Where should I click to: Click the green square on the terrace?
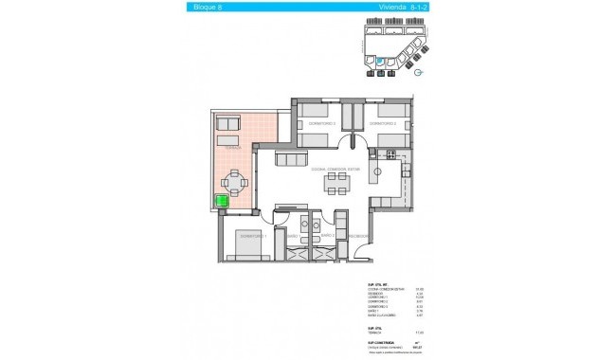coord(224,200)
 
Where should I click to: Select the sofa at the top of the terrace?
coord(230,124)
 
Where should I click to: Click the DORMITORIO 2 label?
coord(382,123)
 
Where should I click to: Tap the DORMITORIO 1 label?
coord(251,236)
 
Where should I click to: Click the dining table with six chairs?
coord(335,182)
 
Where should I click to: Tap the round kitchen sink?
coord(377,171)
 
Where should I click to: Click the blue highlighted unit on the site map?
coord(379,61)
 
